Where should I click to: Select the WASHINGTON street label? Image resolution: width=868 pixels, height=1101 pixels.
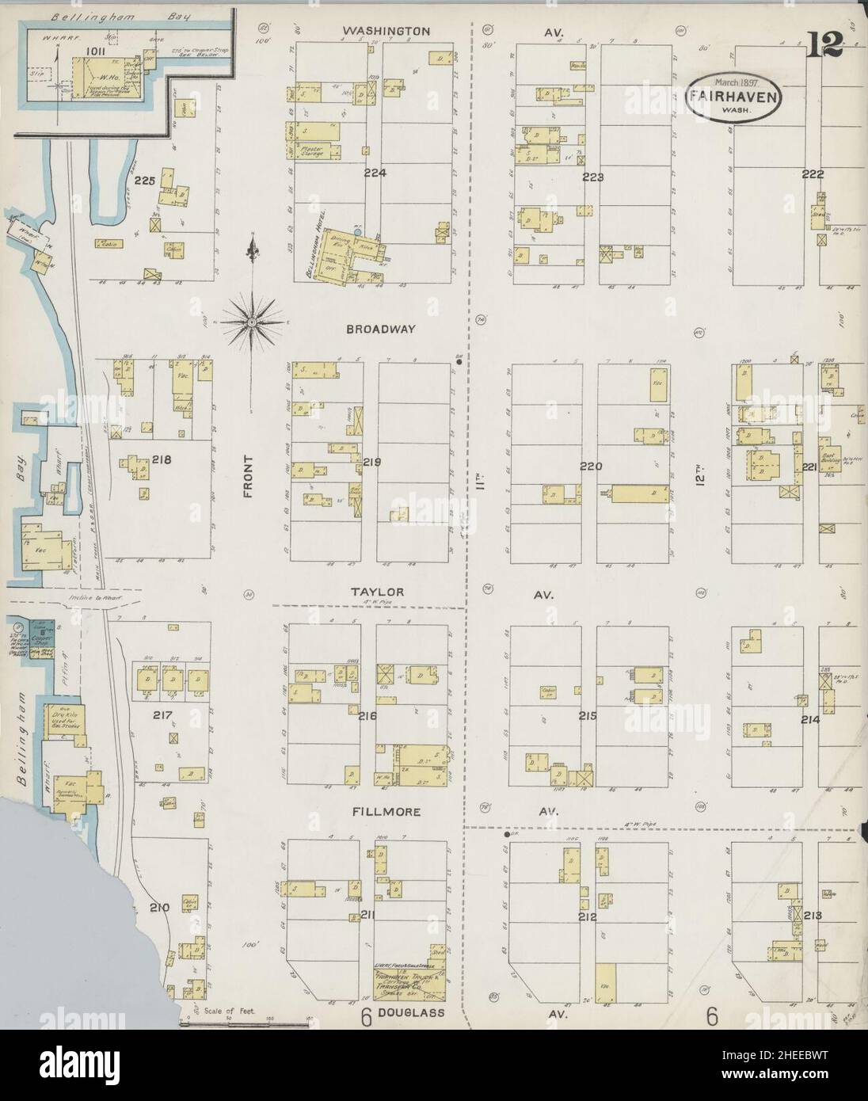click(x=386, y=31)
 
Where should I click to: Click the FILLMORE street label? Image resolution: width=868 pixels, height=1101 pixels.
click(x=387, y=813)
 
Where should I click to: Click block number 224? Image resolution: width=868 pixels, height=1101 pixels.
click(x=374, y=173)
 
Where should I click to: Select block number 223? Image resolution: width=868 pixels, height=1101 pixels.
click(x=592, y=177)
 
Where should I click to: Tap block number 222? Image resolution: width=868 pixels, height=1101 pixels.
click(x=813, y=175)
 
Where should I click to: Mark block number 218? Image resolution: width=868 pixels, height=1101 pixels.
click(x=162, y=459)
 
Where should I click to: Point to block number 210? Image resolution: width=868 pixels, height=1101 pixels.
click(x=159, y=908)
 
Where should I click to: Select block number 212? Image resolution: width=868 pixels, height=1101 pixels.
click(x=587, y=918)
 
